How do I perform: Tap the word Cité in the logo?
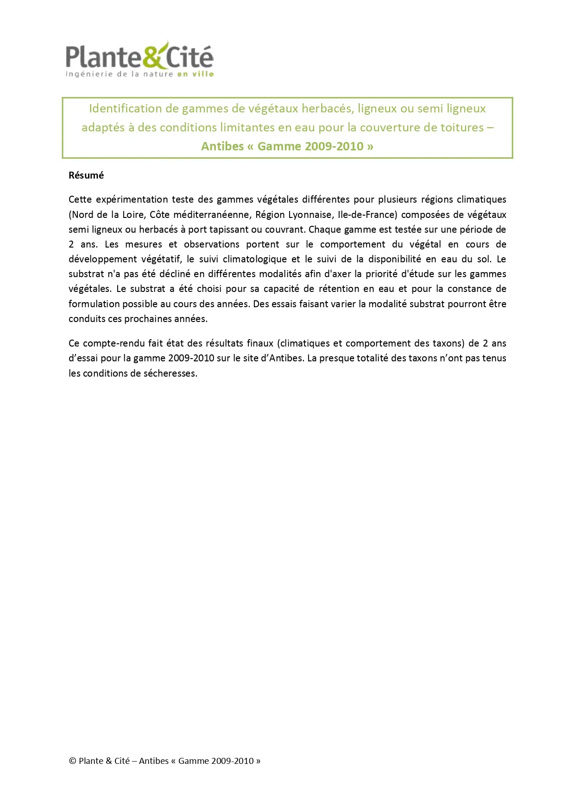[190, 57]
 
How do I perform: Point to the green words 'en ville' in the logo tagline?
[195, 74]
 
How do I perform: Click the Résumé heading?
[86, 175]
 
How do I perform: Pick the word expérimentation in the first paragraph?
[132, 199]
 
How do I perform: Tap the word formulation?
[91, 304]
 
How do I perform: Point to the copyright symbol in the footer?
[72, 761]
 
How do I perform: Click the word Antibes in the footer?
[154, 761]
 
